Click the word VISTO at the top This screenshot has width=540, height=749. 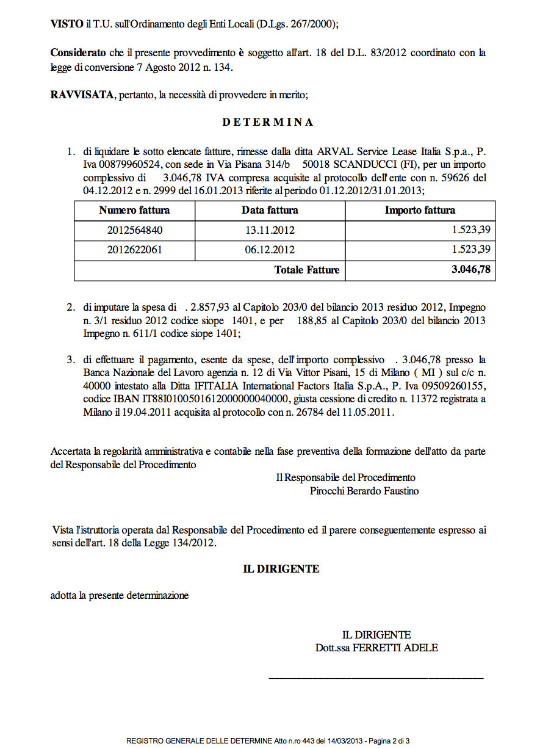click(x=67, y=24)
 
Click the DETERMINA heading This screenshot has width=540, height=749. click(x=268, y=122)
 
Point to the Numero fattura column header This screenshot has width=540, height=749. click(x=134, y=211)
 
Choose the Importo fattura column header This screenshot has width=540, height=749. click(x=420, y=211)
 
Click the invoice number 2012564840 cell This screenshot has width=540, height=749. click(x=135, y=231)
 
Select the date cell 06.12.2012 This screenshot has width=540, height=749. click(x=270, y=250)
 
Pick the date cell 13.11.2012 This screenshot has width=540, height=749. click(x=270, y=231)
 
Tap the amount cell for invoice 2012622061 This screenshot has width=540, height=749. click(x=470, y=250)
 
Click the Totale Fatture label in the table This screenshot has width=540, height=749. click(x=307, y=270)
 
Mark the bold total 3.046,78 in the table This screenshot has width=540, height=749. click(x=472, y=270)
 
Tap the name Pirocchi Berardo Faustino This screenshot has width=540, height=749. click(x=364, y=491)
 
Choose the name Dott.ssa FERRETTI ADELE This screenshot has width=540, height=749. click(x=376, y=648)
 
